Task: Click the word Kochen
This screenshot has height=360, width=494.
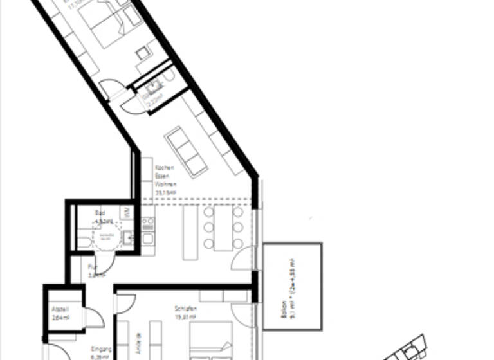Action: point(165,168)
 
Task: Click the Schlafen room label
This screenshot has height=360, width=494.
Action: point(185,309)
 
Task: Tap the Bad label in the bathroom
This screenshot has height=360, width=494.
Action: point(100,212)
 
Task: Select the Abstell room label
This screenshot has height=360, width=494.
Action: point(60,309)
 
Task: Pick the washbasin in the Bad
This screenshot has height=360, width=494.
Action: point(127,239)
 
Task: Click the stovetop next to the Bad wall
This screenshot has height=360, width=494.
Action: point(147,224)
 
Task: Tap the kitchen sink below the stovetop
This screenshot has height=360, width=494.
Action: point(147,240)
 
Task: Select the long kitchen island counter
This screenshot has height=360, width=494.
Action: point(189,231)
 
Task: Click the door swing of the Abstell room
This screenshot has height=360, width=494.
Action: point(95,318)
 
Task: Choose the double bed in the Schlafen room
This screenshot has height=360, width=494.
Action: point(212,341)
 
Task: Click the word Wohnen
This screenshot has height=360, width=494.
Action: point(165,183)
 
